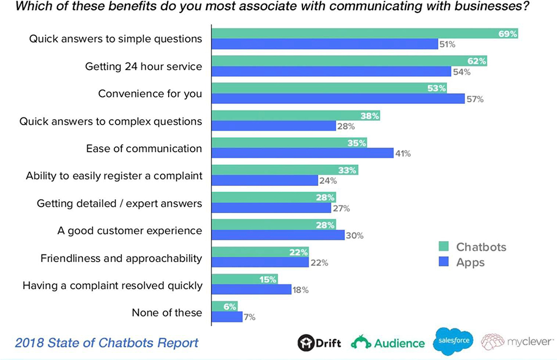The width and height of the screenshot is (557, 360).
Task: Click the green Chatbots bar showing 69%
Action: (364, 34)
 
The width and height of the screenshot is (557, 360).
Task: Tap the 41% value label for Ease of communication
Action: (403, 154)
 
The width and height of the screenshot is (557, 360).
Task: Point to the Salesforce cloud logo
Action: (453, 342)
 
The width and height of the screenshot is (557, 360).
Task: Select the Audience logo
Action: (388, 343)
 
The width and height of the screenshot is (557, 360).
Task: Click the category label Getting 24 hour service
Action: (144, 66)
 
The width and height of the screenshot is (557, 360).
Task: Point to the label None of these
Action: (167, 313)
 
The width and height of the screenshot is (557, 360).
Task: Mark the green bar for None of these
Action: (224, 306)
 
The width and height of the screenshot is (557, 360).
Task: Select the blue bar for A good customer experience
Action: (278, 235)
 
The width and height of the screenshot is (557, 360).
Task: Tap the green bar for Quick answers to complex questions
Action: (295, 115)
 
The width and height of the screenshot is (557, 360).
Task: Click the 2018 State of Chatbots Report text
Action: (107, 343)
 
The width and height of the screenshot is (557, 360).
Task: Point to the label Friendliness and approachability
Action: (121, 258)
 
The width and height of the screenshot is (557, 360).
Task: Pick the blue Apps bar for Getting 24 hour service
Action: (331, 72)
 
